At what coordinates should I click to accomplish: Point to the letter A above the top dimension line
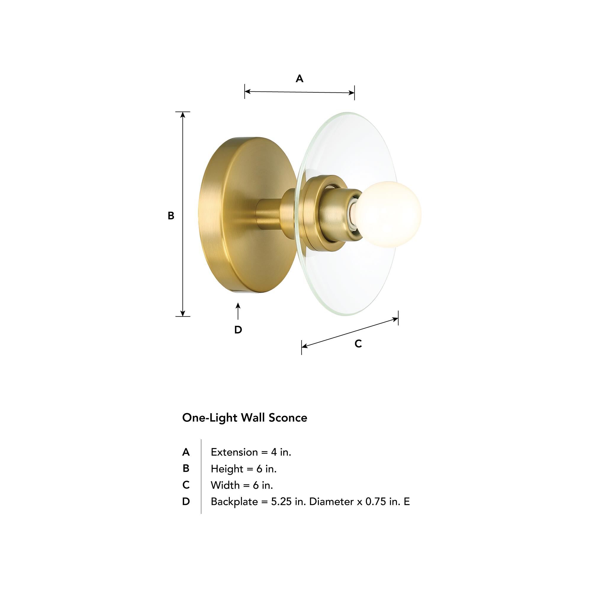pos(299,79)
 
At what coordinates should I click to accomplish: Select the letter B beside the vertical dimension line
pos(171,216)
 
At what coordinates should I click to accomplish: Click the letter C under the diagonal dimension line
pos(358,344)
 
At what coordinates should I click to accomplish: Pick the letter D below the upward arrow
pos(238,330)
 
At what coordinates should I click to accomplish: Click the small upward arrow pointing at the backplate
pos(238,310)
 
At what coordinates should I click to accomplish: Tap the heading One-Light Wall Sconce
pos(244,418)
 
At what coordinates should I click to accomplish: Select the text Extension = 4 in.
pos(251,452)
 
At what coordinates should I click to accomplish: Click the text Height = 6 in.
pos(244,469)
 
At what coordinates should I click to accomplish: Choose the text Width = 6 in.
pos(242,485)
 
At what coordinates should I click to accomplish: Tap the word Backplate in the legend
pos(234,502)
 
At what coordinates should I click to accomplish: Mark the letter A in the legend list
pos(186,452)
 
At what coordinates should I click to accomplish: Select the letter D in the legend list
pos(186,502)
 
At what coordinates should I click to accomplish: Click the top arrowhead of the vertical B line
pos(183,115)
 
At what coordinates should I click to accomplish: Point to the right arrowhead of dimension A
pos(352,93)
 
